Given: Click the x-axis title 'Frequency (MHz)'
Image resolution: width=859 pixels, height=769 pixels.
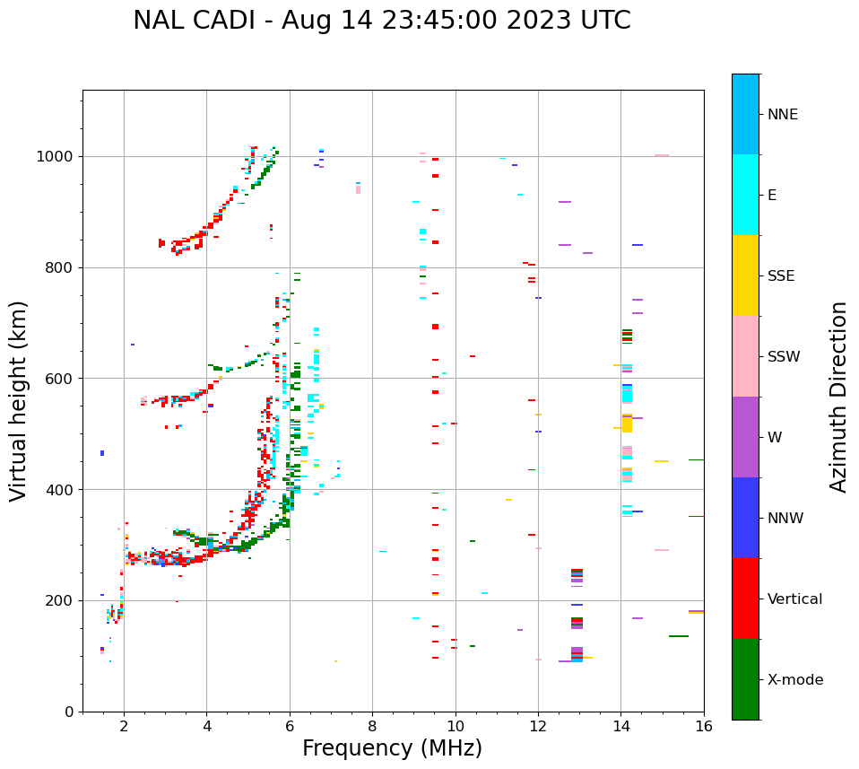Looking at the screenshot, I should point(392,748).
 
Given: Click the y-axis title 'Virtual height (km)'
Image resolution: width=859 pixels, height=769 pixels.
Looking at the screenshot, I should point(19,401).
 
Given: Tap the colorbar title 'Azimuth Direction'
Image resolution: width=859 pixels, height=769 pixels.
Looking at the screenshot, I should point(838,397).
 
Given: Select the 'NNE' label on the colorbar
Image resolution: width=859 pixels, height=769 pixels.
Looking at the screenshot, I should point(782,115).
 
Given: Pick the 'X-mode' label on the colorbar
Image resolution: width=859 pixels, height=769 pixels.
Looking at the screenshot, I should point(794,680).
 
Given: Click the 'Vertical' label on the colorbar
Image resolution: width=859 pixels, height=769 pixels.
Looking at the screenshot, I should point(794,599).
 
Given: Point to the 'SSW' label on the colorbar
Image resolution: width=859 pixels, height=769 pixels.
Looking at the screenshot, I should point(783,357).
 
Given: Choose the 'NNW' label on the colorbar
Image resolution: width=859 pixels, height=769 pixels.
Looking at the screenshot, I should point(785,519).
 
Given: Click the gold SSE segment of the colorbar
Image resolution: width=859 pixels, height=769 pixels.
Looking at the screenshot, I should point(745,275).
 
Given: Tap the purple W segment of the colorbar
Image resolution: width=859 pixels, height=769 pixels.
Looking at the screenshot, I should point(745,437).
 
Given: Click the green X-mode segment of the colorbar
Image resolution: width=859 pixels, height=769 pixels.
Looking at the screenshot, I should point(745,679).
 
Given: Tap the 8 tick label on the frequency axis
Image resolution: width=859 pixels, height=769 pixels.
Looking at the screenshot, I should point(372,725).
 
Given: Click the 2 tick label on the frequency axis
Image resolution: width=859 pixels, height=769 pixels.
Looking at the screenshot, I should point(124,725).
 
